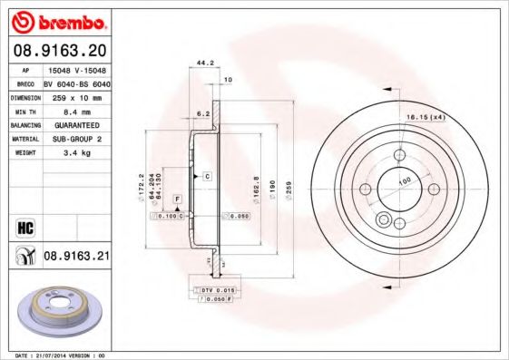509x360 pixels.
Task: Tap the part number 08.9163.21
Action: click(x=76, y=258)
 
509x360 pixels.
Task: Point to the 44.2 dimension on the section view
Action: click(x=204, y=63)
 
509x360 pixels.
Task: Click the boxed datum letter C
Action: click(x=207, y=174)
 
